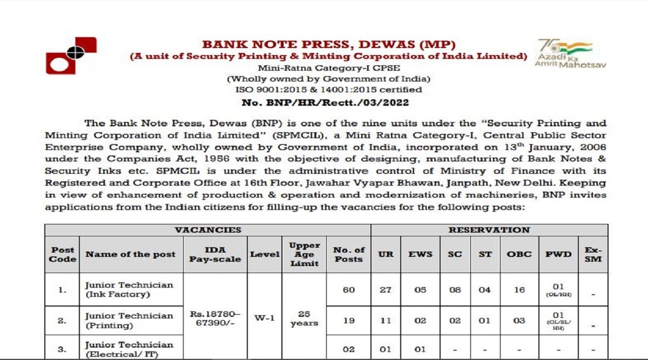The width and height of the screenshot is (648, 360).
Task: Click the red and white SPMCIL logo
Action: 71,56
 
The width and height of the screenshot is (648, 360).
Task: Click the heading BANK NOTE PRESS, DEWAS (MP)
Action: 328,44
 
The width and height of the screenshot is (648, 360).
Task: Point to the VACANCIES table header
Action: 208,230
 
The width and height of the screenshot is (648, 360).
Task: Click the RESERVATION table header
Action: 489,230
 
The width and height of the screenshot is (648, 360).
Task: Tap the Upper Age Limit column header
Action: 304,254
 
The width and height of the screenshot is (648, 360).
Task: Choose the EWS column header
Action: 420,254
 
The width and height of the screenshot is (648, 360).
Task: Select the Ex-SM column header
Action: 593,254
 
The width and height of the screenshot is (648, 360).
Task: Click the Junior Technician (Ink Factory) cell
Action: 130,289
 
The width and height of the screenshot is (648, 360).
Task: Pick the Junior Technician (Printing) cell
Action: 130,320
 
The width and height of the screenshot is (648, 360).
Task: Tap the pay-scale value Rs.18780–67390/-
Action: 215,318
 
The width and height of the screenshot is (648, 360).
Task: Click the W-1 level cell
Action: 265,318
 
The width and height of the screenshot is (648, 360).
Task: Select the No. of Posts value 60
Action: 349,290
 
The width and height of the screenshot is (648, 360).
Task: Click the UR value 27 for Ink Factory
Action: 385,290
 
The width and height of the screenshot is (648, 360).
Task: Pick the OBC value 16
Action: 519,290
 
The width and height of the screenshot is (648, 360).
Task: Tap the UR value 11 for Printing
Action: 385,321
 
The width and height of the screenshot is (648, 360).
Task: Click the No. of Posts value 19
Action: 349,321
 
